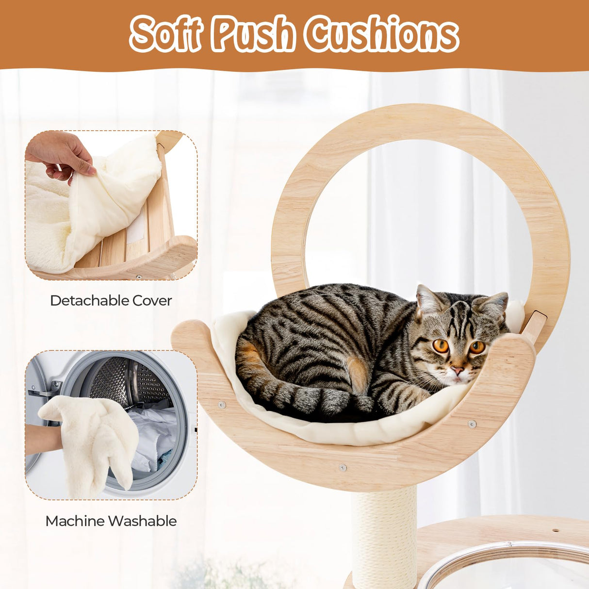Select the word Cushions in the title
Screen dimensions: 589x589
[383, 34]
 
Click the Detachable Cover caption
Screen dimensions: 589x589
[111, 300]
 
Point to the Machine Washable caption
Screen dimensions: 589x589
[111, 521]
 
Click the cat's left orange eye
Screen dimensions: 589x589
[441, 345]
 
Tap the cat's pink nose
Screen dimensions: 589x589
[458, 371]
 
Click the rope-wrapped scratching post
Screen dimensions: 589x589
[384, 534]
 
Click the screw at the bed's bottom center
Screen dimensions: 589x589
[343, 468]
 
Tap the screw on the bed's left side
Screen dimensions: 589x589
[222, 404]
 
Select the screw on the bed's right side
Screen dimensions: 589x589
[472, 424]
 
